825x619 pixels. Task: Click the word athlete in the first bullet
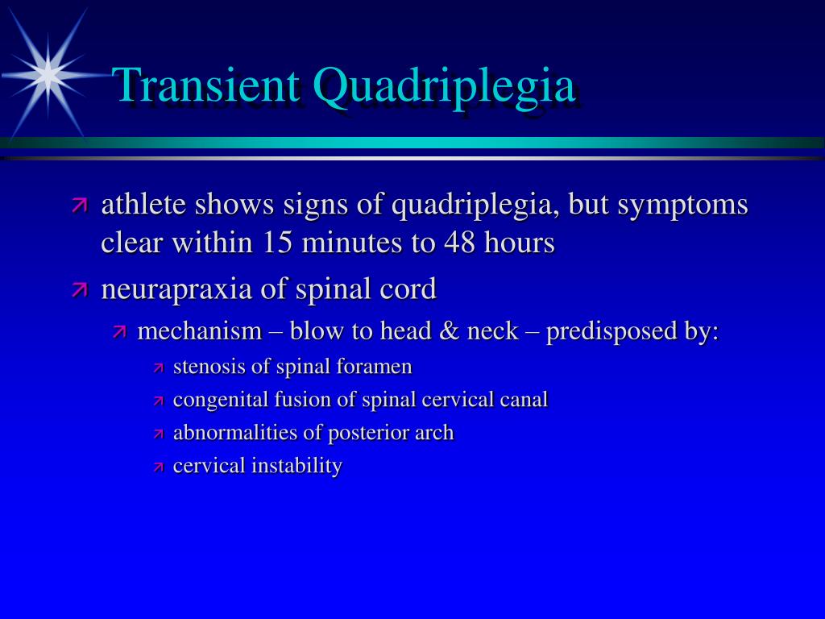point(143,204)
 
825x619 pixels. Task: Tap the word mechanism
point(200,331)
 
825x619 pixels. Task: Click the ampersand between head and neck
point(449,331)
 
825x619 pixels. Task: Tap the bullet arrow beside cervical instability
point(159,467)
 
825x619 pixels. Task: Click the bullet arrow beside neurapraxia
point(79,289)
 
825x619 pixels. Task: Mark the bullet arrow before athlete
point(79,205)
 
